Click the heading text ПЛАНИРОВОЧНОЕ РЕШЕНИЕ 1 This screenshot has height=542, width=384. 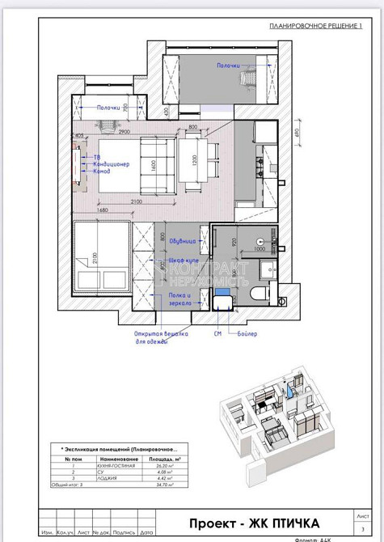coord(316,27)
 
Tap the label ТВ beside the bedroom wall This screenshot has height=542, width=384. coord(96,155)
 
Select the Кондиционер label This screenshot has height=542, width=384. coord(111,163)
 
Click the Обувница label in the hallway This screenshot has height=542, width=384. coord(183,240)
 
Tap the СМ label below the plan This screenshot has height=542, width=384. coord(217,333)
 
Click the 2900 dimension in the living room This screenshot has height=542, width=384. coord(124,130)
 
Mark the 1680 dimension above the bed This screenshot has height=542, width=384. coord(102,210)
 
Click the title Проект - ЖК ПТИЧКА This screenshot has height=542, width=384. coord(255,523)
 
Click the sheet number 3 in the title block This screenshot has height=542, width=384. coord(362,527)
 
